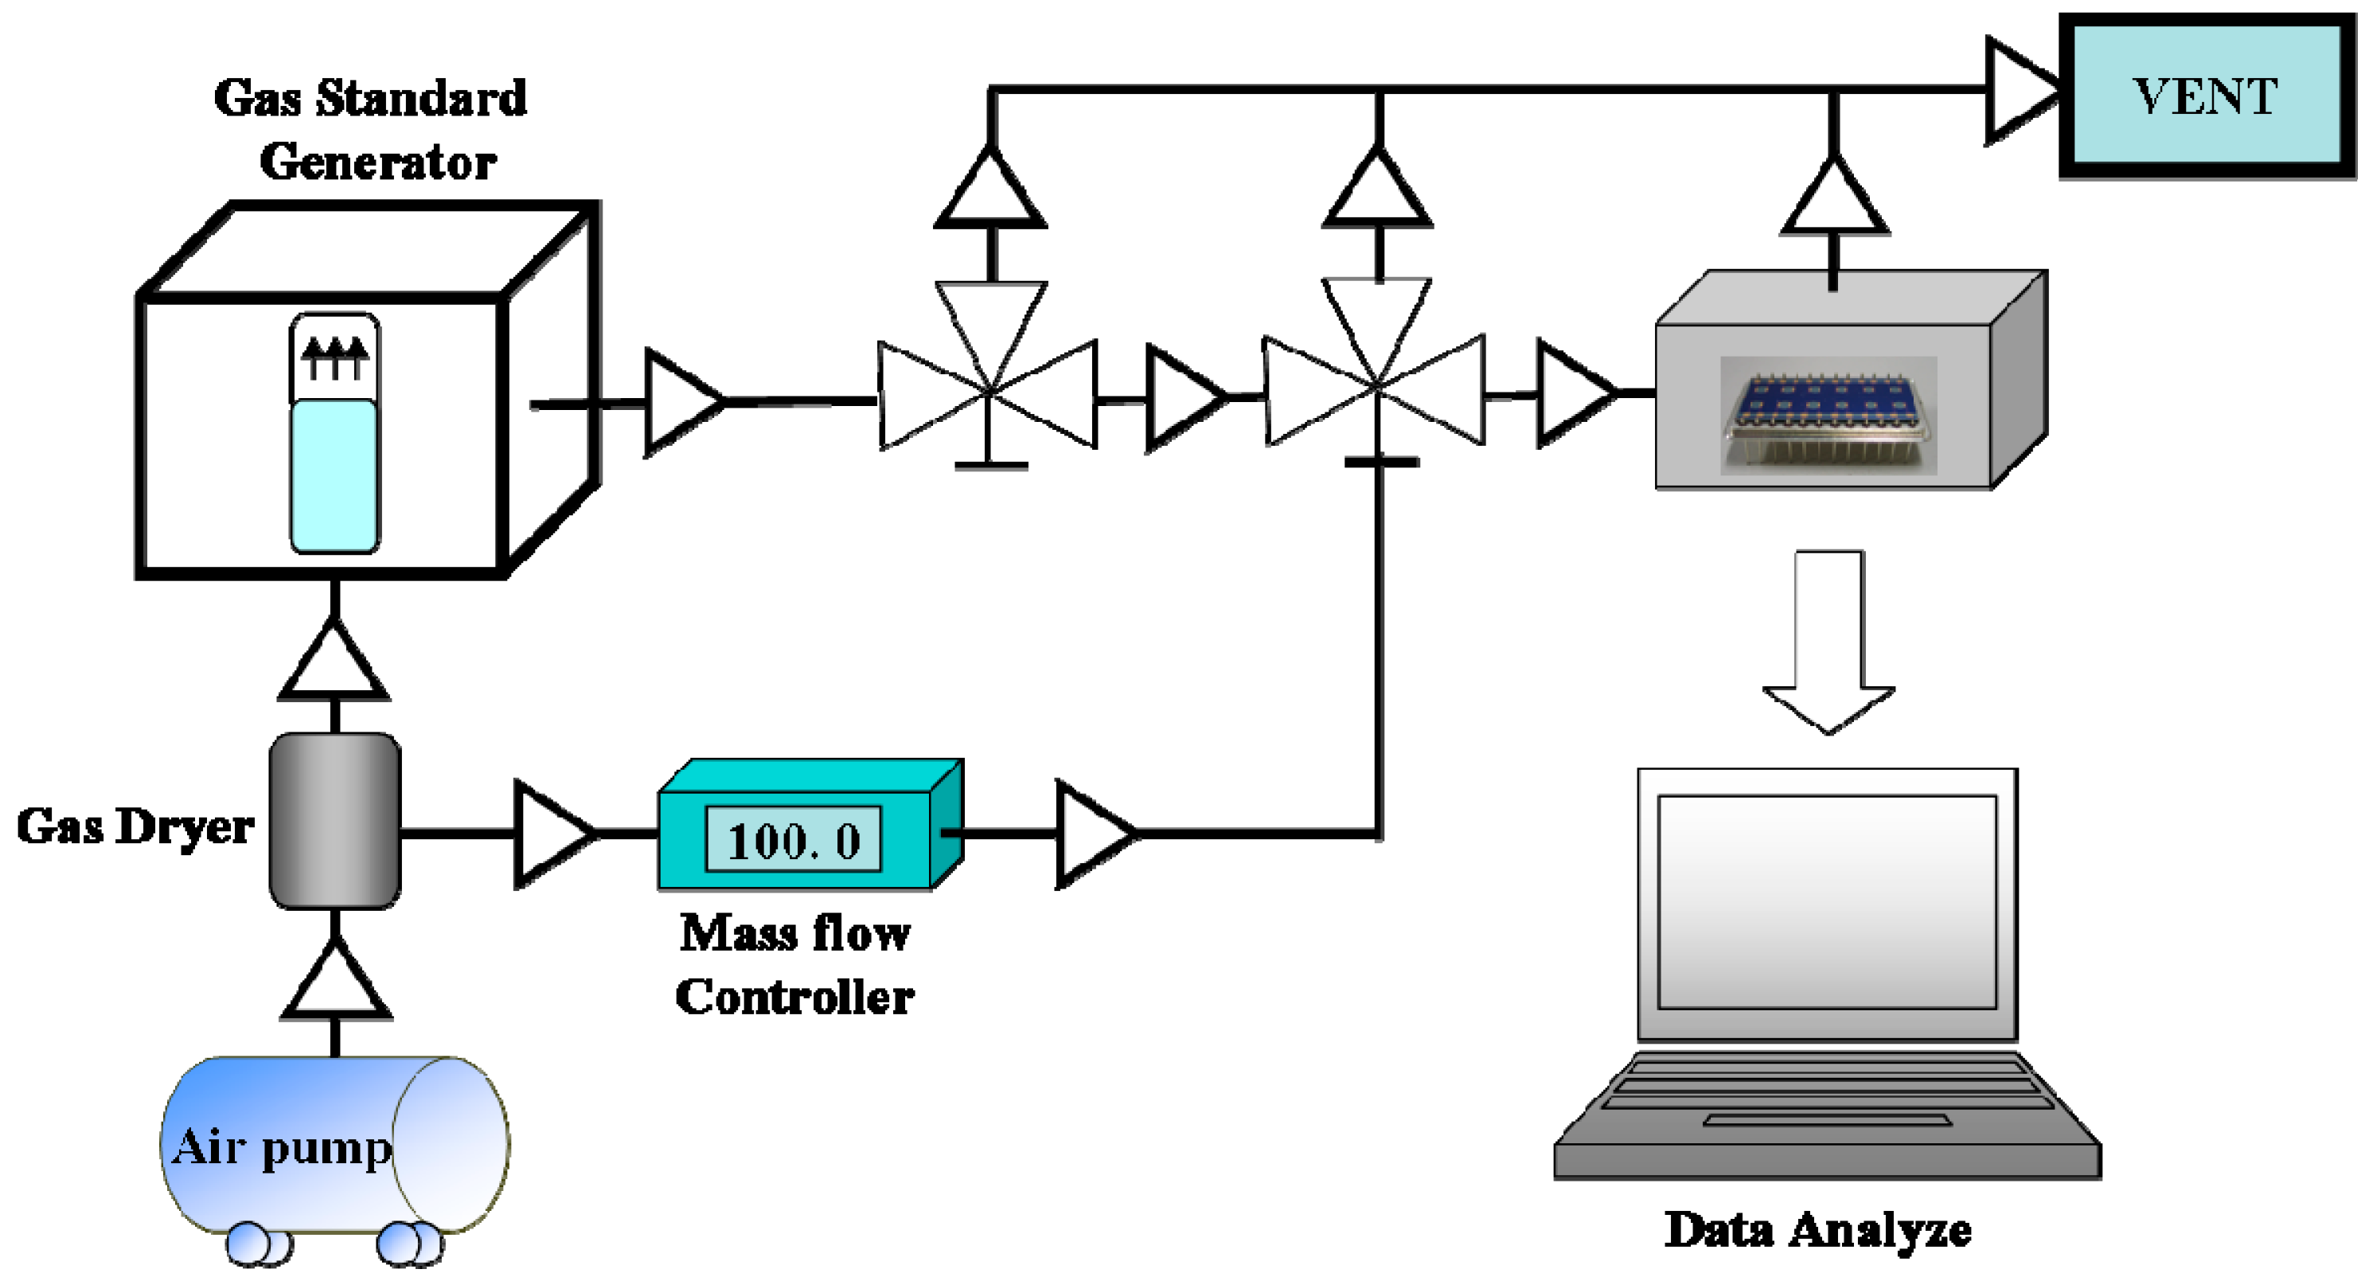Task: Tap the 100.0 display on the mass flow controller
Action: point(793,839)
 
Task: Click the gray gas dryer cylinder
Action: point(334,820)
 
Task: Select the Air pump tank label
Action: point(281,1147)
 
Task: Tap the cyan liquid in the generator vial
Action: point(334,474)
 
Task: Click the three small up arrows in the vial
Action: point(334,358)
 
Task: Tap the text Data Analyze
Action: point(1817,1230)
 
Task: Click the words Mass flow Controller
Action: point(794,964)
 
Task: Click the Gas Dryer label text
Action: point(135,826)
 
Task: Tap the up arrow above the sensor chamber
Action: point(1833,197)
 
